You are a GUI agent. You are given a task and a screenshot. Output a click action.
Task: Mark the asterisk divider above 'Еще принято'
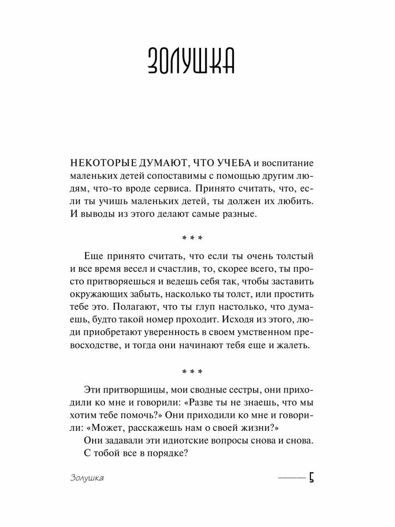click(192, 238)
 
